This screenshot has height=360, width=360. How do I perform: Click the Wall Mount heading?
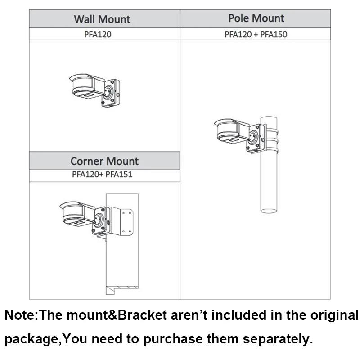pos(102,19)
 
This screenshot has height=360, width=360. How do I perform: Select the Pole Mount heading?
pos(256,18)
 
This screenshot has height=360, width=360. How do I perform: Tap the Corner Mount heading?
pos(104,161)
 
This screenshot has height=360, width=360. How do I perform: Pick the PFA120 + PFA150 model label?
pos(256,34)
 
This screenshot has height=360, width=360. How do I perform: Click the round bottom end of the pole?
pos(269,209)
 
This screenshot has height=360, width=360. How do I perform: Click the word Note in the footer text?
pos(20,315)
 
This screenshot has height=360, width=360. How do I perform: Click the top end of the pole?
pos(269,118)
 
